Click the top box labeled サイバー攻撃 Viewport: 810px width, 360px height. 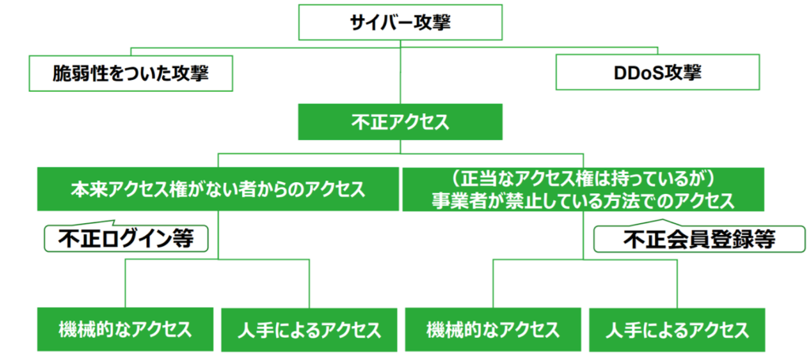tap(400, 22)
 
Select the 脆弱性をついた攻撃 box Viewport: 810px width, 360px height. tap(131, 74)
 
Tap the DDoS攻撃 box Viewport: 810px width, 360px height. tap(657, 74)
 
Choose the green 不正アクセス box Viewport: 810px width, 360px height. tap(400, 122)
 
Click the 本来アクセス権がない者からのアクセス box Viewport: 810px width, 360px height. tap(218, 190)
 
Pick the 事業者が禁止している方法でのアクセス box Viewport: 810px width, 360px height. tap(583, 190)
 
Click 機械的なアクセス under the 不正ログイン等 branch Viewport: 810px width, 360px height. tap(125, 329)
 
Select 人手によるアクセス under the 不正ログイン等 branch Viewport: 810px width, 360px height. tap(309, 329)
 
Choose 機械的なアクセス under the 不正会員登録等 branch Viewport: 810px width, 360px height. tap(494, 329)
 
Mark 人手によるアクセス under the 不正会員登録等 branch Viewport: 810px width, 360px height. tap(677, 329)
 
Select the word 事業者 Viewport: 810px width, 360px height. tap(457, 201)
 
